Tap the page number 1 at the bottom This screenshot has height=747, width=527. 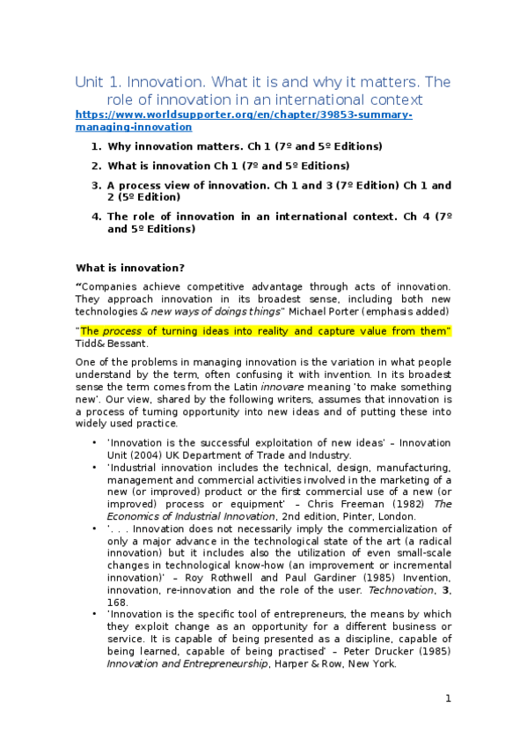(448, 699)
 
